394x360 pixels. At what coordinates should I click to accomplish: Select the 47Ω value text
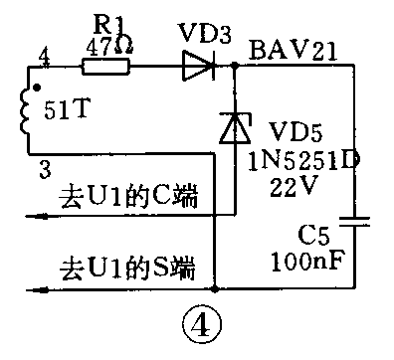tap(107, 44)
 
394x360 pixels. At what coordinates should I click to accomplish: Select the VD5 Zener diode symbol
tap(234, 127)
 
